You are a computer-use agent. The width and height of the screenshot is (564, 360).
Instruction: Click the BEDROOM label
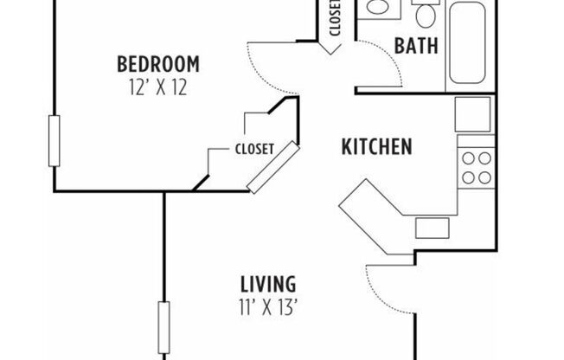pyautogui.click(x=158, y=64)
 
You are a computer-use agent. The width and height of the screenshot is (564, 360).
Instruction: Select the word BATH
pyautogui.click(x=416, y=45)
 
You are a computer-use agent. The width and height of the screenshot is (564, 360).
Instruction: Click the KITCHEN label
pyautogui.click(x=376, y=146)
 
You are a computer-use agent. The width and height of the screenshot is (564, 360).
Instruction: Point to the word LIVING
pyautogui.click(x=268, y=283)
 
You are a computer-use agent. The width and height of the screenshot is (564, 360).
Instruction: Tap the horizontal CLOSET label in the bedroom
pyautogui.click(x=254, y=148)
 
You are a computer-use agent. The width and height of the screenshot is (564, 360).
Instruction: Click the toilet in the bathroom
pyautogui.click(x=426, y=12)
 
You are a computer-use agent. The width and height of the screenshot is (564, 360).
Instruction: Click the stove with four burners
pyautogui.click(x=475, y=167)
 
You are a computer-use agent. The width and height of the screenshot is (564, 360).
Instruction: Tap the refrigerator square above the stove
pyautogui.click(x=473, y=113)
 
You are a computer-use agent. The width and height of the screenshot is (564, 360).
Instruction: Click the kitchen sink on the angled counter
pyautogui.click(x=431, y=228)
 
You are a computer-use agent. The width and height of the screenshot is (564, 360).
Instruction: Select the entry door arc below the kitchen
pyautogui.click(x=381, y=290)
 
